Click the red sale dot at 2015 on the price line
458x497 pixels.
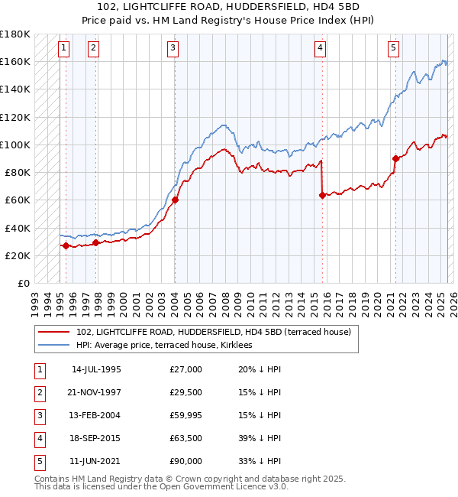[x=322, y=195]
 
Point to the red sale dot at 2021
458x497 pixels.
[x=395, y=158]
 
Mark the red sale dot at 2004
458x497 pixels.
[x=175, y=200]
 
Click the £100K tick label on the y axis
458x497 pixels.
[x=15, y=145]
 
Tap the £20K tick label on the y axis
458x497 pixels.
[x=18, y=255]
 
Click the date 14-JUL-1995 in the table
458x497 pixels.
[x=96, y=369]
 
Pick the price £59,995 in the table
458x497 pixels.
[x=186, y=415]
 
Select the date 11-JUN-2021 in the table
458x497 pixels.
[x=96, y=461]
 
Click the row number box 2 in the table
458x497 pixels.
[x=39, y=392]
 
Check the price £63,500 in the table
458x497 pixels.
[x=186, y=438]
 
